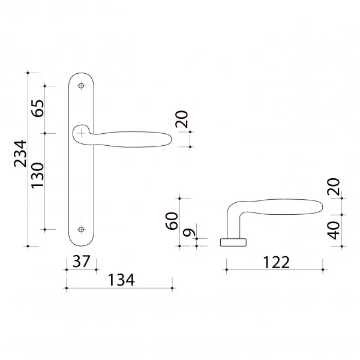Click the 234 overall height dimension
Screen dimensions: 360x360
20,154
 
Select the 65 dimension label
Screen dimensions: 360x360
37,109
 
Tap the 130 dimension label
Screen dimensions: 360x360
37,176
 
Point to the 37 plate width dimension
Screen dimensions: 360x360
81,261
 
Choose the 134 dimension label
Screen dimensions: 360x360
121,280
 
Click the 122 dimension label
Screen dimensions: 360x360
276,262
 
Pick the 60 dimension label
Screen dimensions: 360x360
172,221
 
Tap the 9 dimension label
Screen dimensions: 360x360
189,232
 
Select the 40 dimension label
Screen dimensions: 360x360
334,230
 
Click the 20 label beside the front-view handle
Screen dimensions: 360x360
182,119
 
